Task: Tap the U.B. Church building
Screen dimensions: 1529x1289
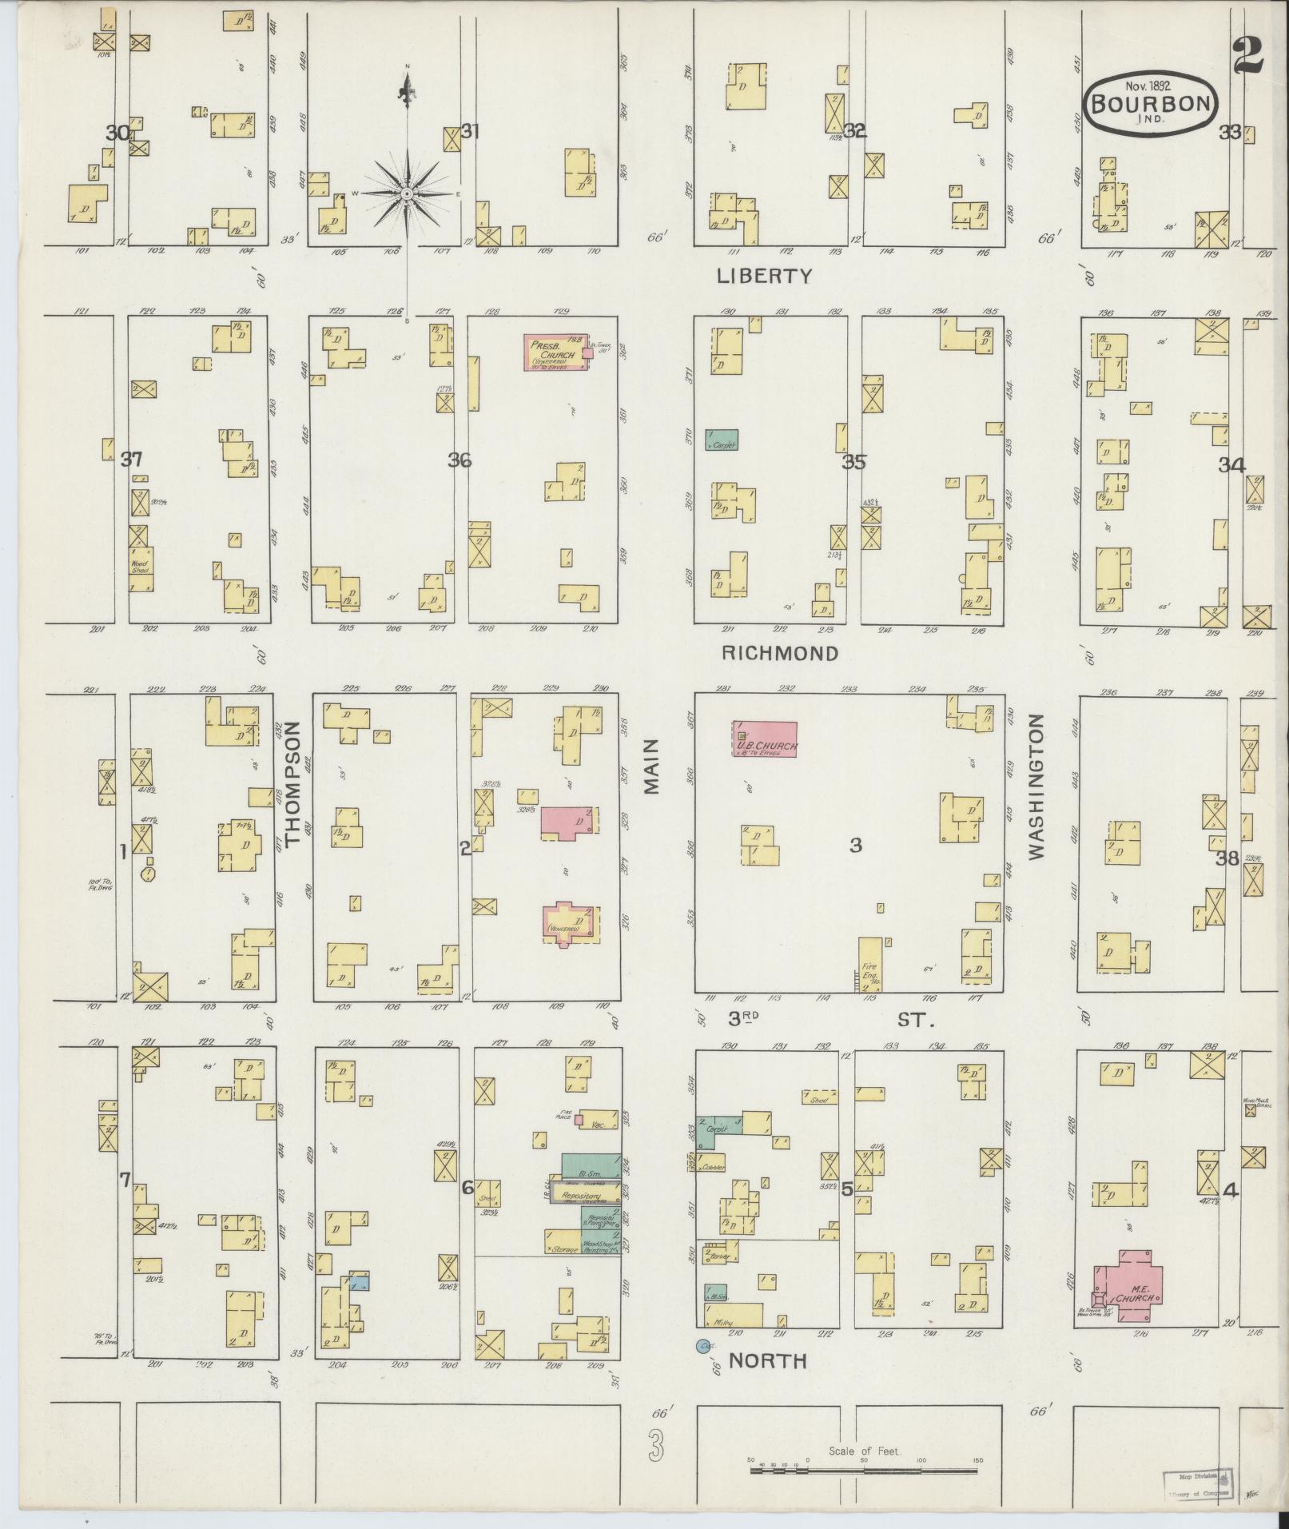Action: pyautogui.click(x=766, y=739)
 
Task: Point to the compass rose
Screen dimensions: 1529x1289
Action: pyautogui.click(x=408, y=193)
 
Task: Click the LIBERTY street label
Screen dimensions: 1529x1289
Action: pyautogui.click(x=764, y=277)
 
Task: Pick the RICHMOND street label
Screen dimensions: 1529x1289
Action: pyautogui.click(x=780, y=653)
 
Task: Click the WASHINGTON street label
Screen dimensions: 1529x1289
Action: pyautogui.click(x=1036, y=786)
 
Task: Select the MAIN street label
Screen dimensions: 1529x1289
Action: pyautogui.click(x=651, y=766)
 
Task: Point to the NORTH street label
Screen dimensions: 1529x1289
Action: pyautogui.click(x=766, y=1361)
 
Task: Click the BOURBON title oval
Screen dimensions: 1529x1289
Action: pyautogui.click(x=1150, y=102)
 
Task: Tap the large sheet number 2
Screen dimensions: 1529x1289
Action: pyautogui.click(x=1247, y=54)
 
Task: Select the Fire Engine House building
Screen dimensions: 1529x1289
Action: pyautogui.click(x=870, y=965)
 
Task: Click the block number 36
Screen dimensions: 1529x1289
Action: pyautogui.click(x=459, y=460)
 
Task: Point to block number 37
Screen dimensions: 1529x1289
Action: pyautogui.click(x=131, y=460)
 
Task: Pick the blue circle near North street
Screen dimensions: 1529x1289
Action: pyautogui.click(x=703, y=1346)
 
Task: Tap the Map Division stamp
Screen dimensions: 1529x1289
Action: pyautogui.click(x=1193, y=1481)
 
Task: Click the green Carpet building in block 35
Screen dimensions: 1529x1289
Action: pyautogui.click(x=721, y=440)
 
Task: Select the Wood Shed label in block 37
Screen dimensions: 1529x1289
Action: pyautogui.click(x=141, y=567)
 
